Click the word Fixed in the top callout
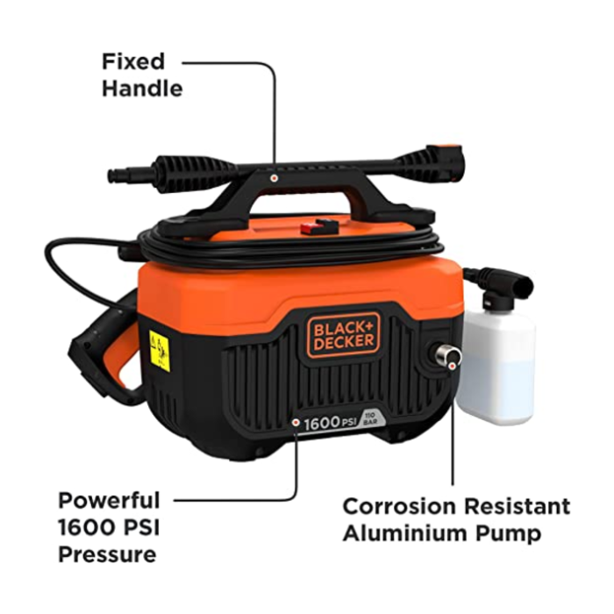click(x=133, y=62)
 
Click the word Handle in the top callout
click(x=142, y=89)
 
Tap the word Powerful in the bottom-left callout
click(x=110, y=501)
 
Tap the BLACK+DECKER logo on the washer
click(x=344, y=334)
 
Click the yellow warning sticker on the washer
click(x=159, y=350)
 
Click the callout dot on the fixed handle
click(x=275, y=176)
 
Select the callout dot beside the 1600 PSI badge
click(x=296, y=422)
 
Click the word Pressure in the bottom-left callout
click(x=107, y=554)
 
